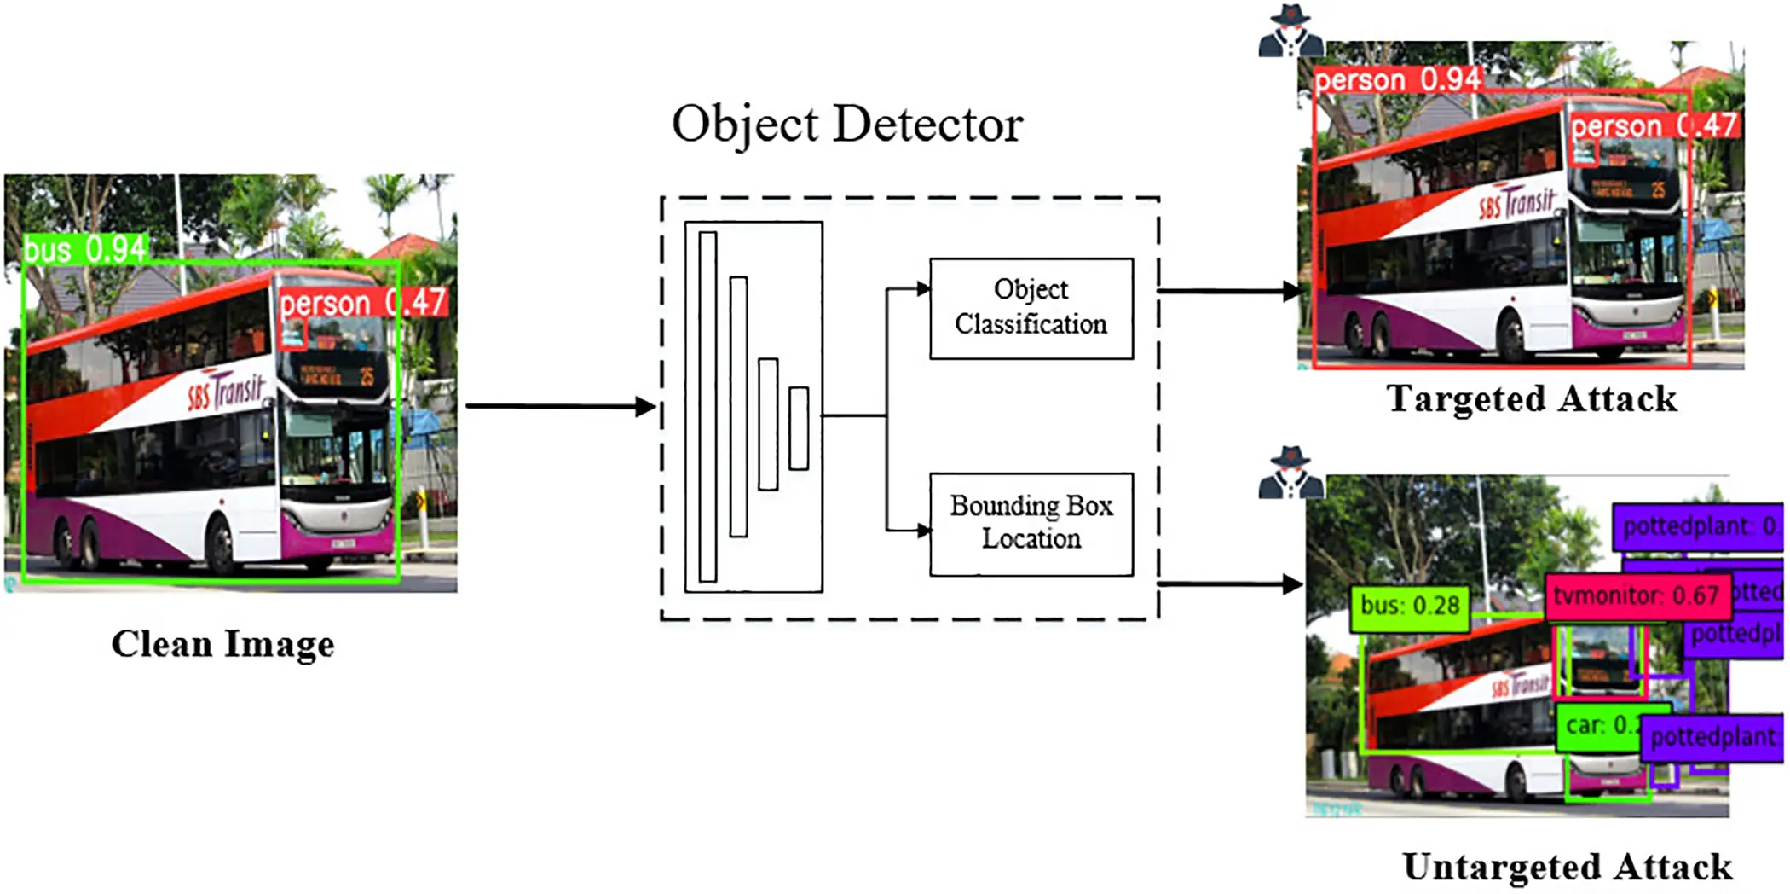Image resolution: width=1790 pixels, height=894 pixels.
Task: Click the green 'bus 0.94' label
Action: tap(85, 249)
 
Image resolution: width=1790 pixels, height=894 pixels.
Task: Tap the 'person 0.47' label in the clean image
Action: tap(362, 303)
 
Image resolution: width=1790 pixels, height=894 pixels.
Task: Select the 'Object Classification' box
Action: tap(1031, 308)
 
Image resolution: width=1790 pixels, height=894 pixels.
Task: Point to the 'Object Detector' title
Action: tap(847, 125)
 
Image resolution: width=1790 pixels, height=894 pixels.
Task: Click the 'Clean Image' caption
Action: tap(223, 644)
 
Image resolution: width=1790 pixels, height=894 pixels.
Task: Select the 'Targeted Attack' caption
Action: tap(1532, 399)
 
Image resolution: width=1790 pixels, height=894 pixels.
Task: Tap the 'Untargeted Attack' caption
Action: tap(1567, 867)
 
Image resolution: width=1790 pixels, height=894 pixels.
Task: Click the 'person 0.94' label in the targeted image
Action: tap(1398, 80)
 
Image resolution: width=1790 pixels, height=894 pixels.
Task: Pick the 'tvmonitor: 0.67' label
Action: tap(1637, 595)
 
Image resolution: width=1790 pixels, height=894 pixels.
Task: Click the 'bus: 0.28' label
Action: tap(1410, 607)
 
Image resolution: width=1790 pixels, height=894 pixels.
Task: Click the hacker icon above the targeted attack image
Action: tap(1291, 32)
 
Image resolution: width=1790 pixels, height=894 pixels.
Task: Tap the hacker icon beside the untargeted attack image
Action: tap(1291, 473)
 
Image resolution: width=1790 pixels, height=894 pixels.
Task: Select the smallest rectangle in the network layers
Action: tap(799, 428)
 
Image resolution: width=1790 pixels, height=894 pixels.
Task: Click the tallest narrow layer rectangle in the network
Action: tap(707, 406)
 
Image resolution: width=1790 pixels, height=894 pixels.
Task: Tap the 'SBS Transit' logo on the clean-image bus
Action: tap(227, 392)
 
